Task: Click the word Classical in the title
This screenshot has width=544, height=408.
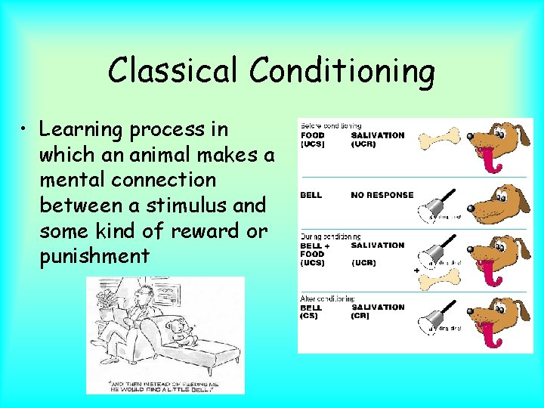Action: (175, 70)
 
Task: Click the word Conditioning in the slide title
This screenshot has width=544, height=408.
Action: (342, 72)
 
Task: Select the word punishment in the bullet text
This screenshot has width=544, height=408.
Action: (94, 256)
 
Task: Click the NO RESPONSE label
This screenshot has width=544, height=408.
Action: (382, 195)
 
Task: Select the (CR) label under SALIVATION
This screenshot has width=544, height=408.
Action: (360, 316)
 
